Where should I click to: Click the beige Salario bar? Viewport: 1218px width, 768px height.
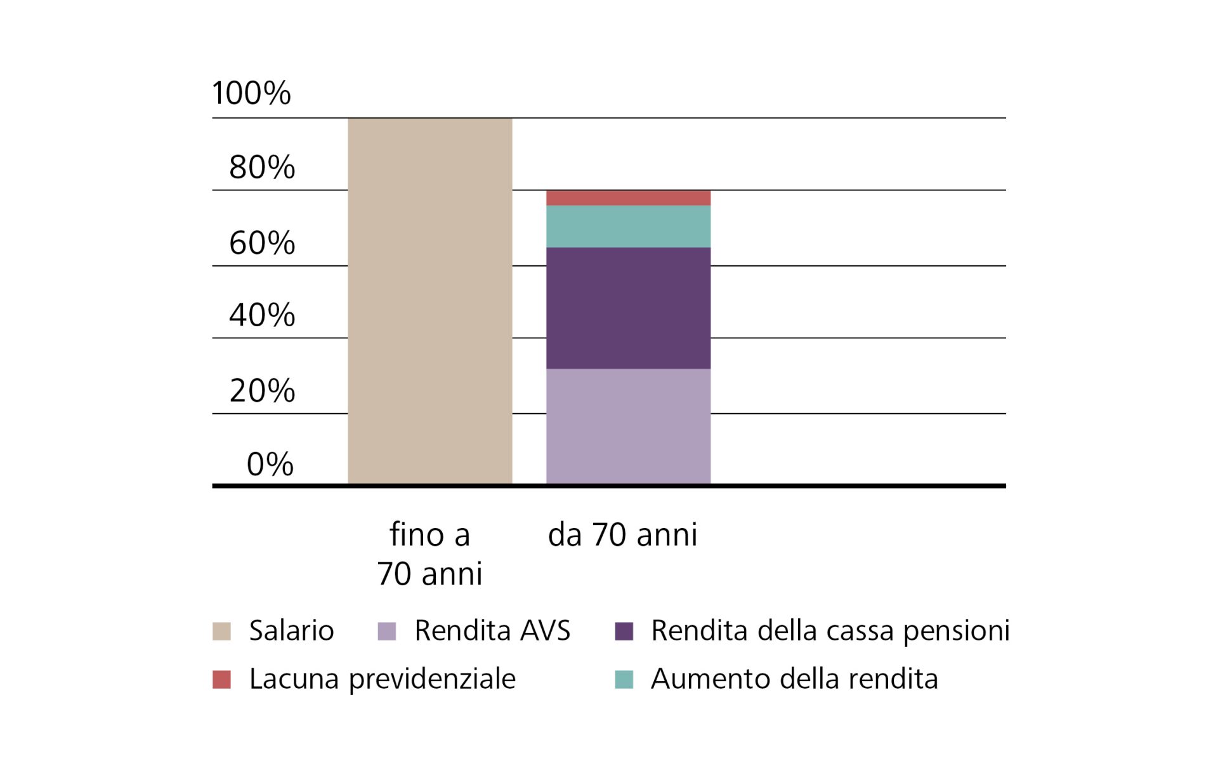click(x=429, y=301)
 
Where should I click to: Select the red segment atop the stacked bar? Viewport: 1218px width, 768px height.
click(x=628, y=197)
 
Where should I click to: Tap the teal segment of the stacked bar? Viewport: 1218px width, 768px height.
click(x=628, y=226)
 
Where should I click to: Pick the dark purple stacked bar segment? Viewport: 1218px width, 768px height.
click(x=628, y=308)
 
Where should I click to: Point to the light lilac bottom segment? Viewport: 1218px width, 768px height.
click(x=628, y=426)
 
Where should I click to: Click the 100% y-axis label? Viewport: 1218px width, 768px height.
click(x=251, y=93)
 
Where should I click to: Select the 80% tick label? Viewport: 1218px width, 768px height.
click(x=262, y=168)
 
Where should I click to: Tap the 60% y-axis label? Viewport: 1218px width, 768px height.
click(x=262, y=242)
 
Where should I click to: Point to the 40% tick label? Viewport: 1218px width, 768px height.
click(x=262, y=315)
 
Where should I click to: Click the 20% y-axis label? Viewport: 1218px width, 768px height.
click(x=262, y=390)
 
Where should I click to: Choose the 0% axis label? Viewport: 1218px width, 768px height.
click(x=270, y=464)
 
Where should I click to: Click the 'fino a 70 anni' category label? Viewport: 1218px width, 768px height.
click(x=429, y=553)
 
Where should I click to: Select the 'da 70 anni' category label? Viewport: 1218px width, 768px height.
click(x=622, y=534)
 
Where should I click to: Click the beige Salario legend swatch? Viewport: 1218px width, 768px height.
click(x=221, y=632)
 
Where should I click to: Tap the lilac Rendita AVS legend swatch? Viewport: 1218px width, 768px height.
click(x=386, y=632)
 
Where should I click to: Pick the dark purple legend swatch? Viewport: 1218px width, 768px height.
click(x=624, y=632)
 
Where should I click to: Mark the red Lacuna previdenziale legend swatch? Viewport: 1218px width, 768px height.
click(x=221, y=680)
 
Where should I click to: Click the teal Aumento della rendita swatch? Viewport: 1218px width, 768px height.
click(x=624, y=680)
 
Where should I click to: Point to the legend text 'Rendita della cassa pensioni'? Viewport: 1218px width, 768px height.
click(x=830, y=631)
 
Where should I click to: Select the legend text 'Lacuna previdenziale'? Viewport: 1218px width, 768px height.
click(x=382, y=679)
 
